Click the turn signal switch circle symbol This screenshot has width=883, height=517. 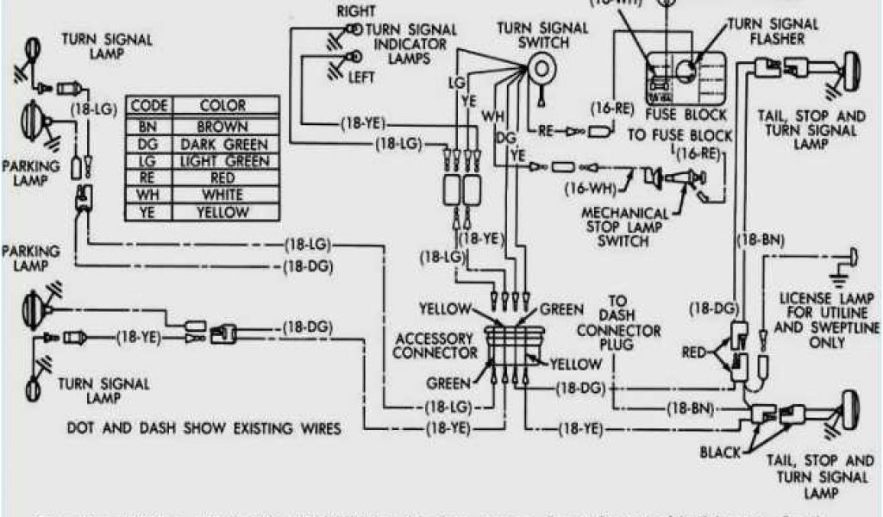(541, 66)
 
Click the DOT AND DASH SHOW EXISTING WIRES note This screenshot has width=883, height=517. (204, 428)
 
